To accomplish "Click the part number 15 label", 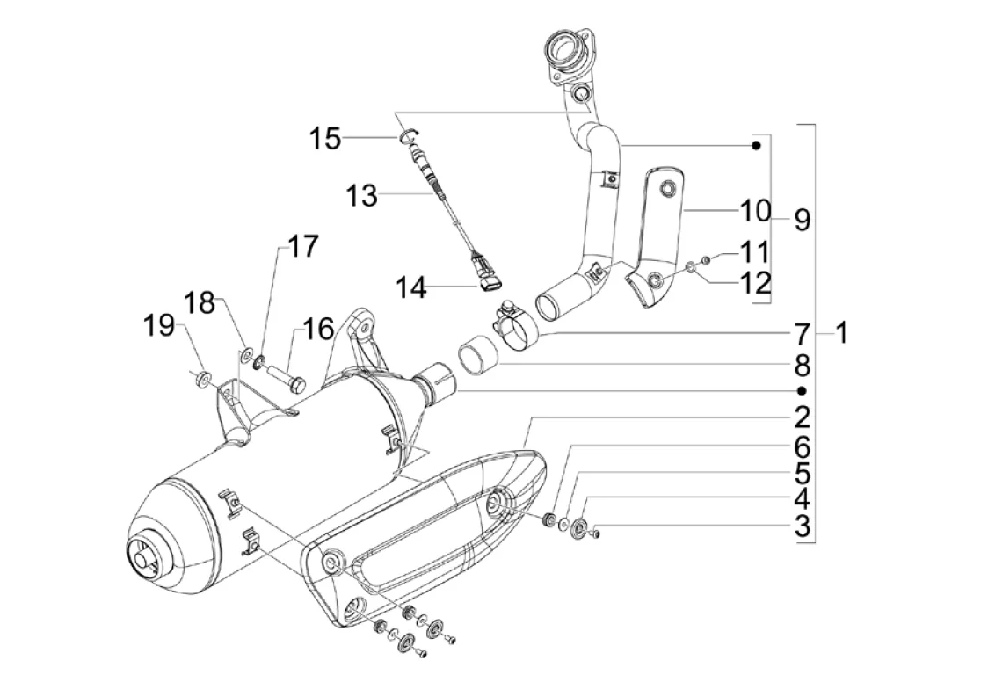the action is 324,138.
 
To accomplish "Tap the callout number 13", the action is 361,195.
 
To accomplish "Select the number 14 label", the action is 410,287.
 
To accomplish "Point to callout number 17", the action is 303,246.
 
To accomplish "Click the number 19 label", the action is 158,326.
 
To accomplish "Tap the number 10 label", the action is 755,211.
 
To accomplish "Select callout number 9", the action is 802,221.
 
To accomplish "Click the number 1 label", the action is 841,332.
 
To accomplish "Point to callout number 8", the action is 802,365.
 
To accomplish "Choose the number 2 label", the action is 802,417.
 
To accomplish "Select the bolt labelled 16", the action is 288,375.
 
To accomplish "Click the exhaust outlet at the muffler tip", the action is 143,555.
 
